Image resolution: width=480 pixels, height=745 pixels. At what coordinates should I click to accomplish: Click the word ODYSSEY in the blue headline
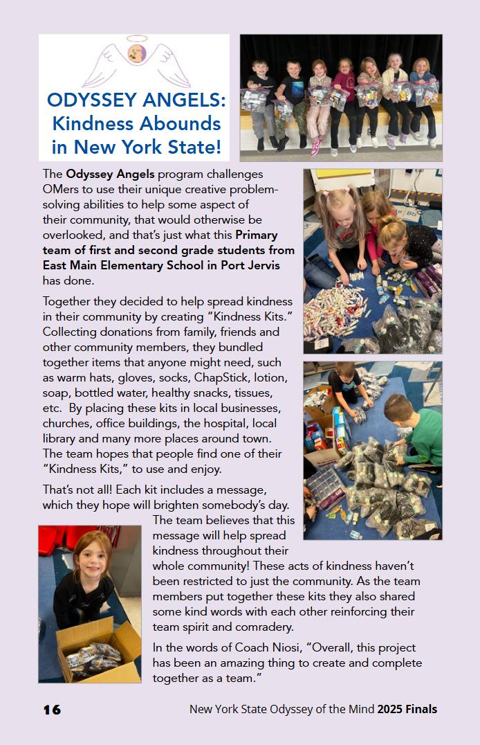coord(90,100)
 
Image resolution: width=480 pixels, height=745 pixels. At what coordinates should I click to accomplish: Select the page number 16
coord(52,710)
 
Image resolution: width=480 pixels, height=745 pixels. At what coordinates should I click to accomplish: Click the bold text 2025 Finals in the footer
coord(407,710)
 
